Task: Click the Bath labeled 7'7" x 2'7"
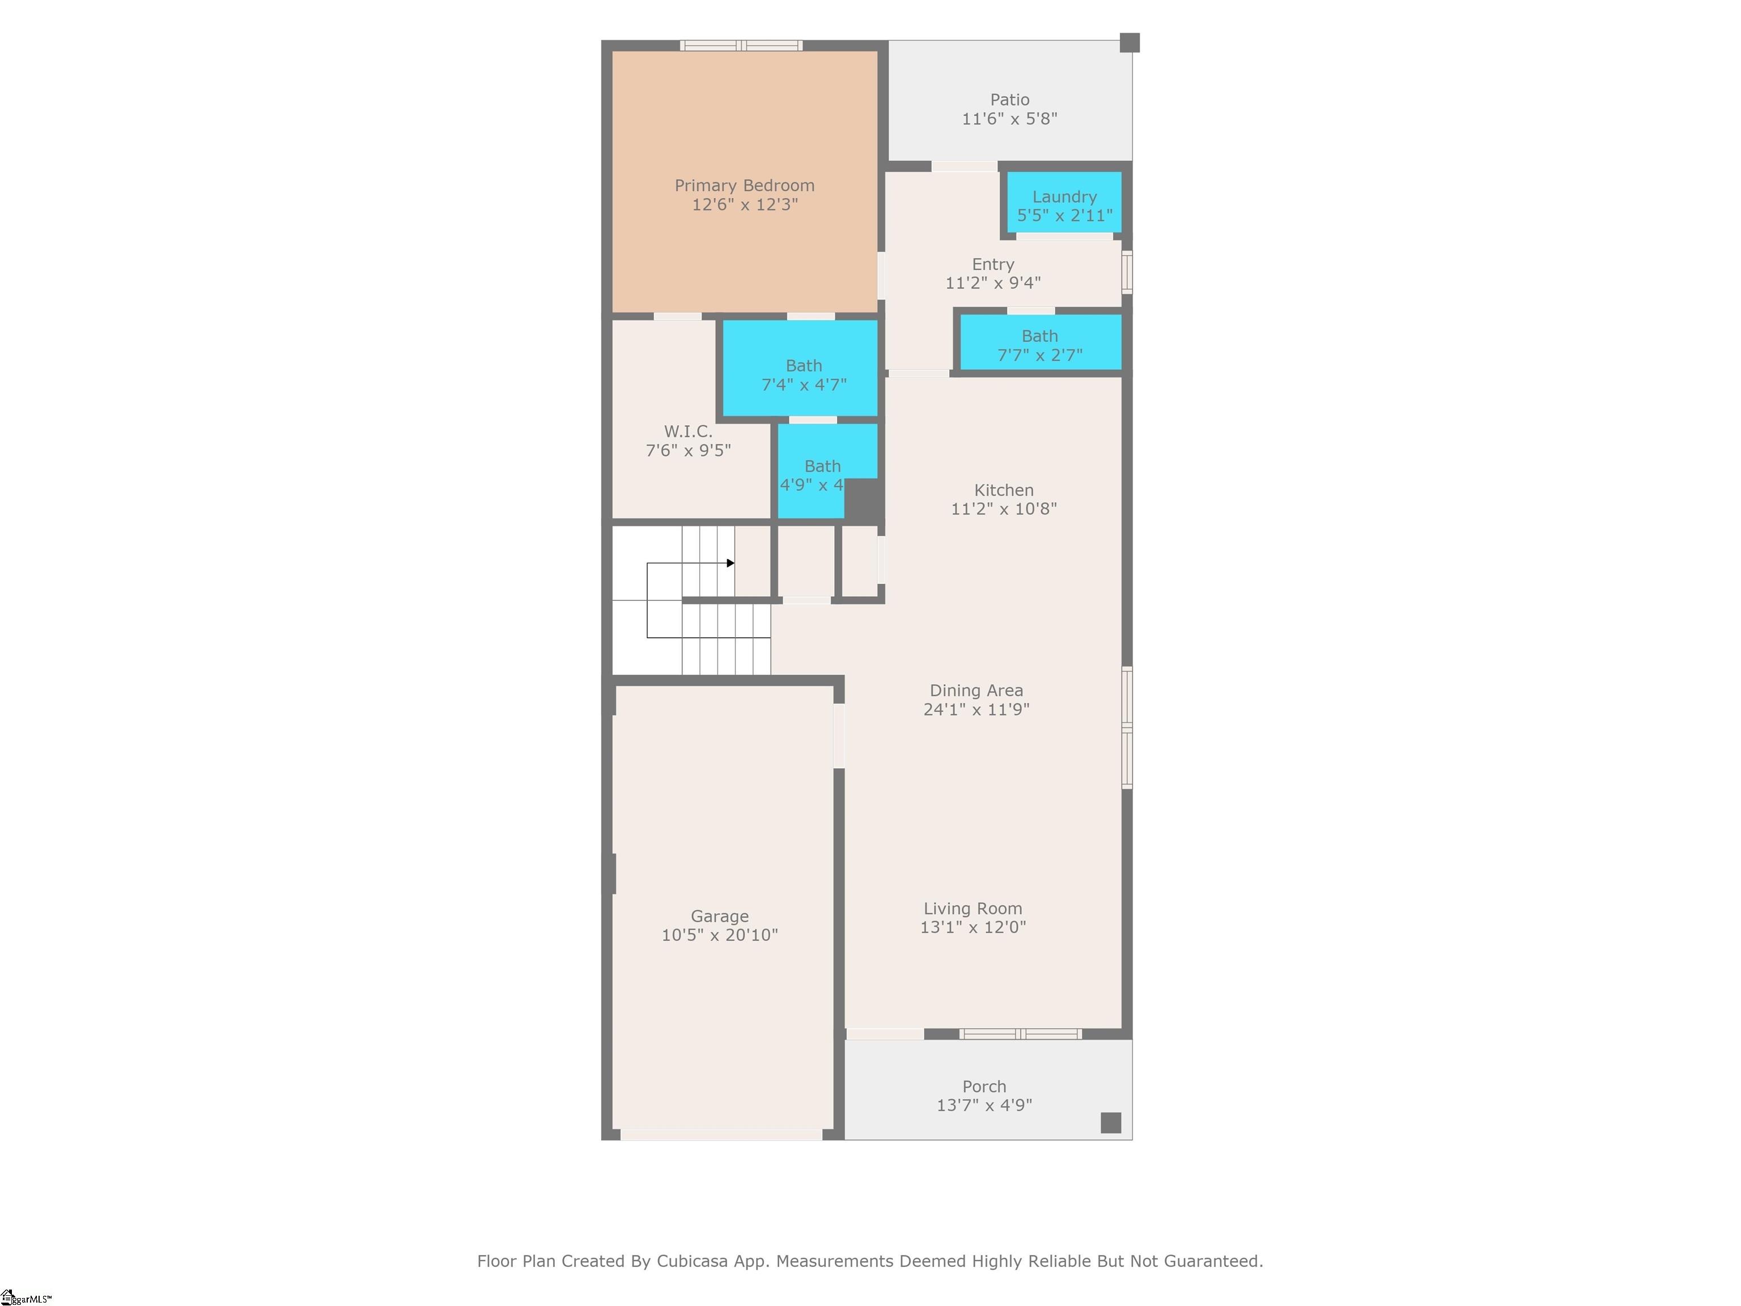[x=1040, y=345]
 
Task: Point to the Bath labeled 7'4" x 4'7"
[x=804, y=375]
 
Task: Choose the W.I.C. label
[x=688, y=431]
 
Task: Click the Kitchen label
[x=1004, y=490]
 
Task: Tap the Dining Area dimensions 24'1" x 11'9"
[x=976, y=709]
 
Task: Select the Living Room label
[x=973, y=909]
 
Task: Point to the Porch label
[x=984, y=1087]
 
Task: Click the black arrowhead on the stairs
[x=731, y=563]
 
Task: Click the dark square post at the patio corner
[x=1129, y=43]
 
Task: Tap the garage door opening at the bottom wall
[x=721, y=1134]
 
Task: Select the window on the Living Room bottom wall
[x=1020, y=1033]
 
